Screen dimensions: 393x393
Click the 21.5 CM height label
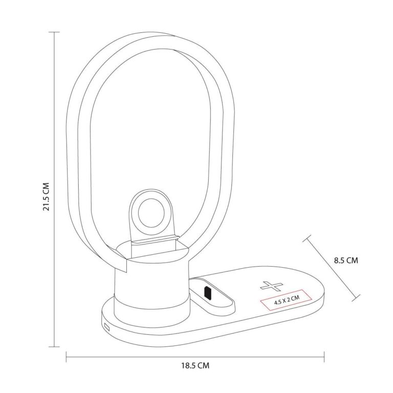pyautogui.click(x=47, y=196)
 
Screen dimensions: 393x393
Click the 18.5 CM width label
pyautogui.click(x=195, y=365)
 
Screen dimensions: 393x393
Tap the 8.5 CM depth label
pyautogui.click(x=346, y=260)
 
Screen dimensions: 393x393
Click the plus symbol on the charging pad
pyautogui.click(x=271, y=286)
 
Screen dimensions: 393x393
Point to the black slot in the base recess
pyautogui.click(x=208, y=293)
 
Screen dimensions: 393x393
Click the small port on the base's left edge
pyautogui.click(x=107, y=327)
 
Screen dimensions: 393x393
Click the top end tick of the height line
pyautogui.click(x=54, y=32)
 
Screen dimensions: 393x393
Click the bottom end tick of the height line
pyautogui.click(x=54, y=347)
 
